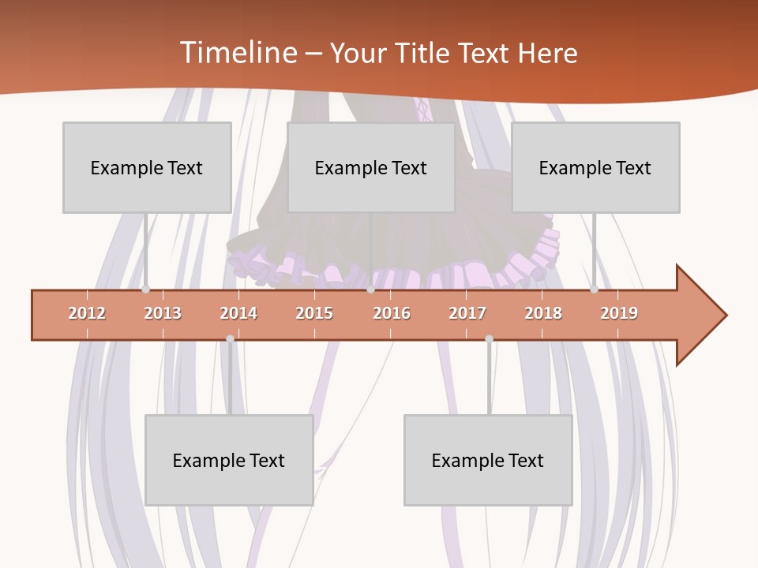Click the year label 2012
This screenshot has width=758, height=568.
click(x=87, y=313)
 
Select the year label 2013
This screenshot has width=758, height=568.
click(x=163, y=313)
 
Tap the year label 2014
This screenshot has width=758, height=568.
click(x=238, y=313)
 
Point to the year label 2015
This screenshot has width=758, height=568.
click(x=314, y=313)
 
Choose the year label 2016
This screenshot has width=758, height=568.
click(x=392, y=313)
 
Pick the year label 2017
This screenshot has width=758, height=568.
click(x=467, y=313)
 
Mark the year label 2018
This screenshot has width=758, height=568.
click(x=543, y=313)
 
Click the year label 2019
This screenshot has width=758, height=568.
click(x=619, y=313)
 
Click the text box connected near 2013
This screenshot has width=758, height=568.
click(x=147, y=167)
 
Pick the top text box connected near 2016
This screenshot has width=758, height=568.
click(x=371, y=167)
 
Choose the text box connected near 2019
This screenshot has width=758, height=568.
click(x=595, y=167)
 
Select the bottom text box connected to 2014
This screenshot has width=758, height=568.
click(x=229, y=460)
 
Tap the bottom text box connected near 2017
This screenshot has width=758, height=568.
click(x=488, y=460)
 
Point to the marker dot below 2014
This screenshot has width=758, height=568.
click(x=230, y=338)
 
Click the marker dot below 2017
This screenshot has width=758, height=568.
click(x=489, y=338)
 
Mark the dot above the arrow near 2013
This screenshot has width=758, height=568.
click(x=145, y=290)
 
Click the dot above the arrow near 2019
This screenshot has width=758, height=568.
click(x=594, y=290)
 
